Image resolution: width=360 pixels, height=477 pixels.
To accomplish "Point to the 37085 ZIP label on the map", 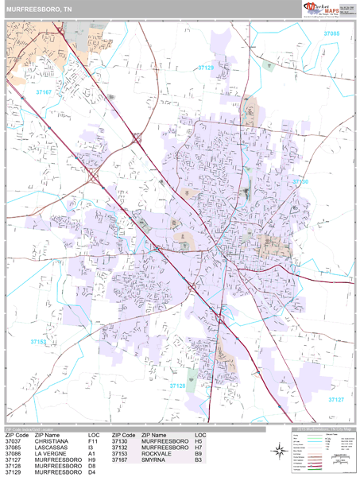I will [331, 34].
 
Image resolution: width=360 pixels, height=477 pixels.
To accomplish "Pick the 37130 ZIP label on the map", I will [300, 182].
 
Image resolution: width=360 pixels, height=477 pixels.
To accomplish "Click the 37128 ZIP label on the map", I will [178, 386].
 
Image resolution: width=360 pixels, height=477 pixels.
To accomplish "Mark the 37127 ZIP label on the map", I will [335, 399].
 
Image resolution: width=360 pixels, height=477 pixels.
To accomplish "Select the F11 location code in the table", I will [94, 441].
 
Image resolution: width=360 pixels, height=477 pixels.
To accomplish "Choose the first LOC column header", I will [95, 435].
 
